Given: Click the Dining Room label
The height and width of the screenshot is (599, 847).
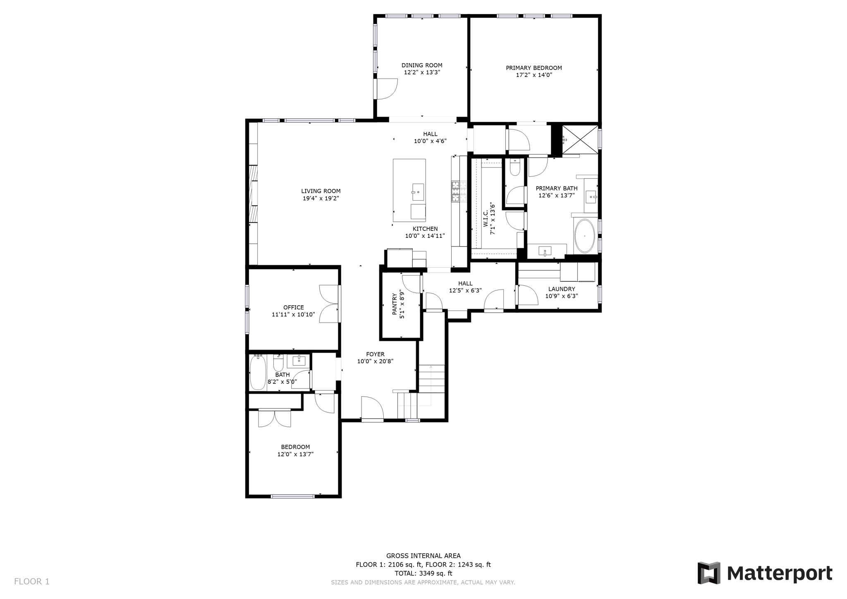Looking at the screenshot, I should (x=422, y=65).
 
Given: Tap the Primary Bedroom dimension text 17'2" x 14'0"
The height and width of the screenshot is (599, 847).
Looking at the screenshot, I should (x=534, y=75).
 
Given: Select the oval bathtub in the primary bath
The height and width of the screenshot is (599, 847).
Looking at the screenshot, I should (x=584, y=236).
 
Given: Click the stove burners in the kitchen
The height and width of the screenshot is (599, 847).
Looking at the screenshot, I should (x=455, y=192).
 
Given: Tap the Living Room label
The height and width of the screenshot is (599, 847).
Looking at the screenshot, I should (x=321, y=191).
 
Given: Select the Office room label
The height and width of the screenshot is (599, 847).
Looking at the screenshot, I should (x=293, y=307).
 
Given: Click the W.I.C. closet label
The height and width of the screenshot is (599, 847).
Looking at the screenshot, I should (x=486, y=219).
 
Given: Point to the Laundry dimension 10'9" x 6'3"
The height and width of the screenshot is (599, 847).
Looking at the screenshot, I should (x=561, y=296).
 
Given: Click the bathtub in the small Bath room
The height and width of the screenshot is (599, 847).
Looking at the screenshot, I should (x=257, y=372).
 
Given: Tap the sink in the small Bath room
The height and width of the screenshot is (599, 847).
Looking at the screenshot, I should (x=299, y=361).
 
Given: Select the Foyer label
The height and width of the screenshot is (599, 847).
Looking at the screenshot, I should (x=375, y=354).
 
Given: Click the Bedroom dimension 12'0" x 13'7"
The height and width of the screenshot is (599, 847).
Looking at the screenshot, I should (x=295, y=454).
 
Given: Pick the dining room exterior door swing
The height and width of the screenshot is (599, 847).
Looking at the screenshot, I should (x=386, y=89).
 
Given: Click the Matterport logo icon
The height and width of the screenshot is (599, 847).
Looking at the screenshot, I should (x=709, y=573).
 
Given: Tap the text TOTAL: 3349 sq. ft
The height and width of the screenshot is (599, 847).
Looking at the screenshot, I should (x=423, y=573).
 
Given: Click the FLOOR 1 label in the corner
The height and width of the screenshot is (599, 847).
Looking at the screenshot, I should (x=32, y=582).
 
